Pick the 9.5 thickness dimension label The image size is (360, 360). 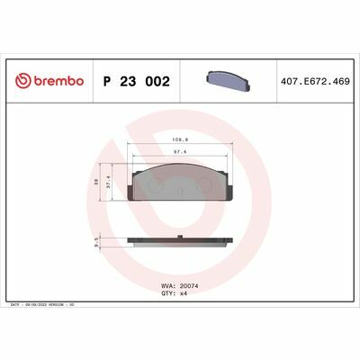click(97, 241)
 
